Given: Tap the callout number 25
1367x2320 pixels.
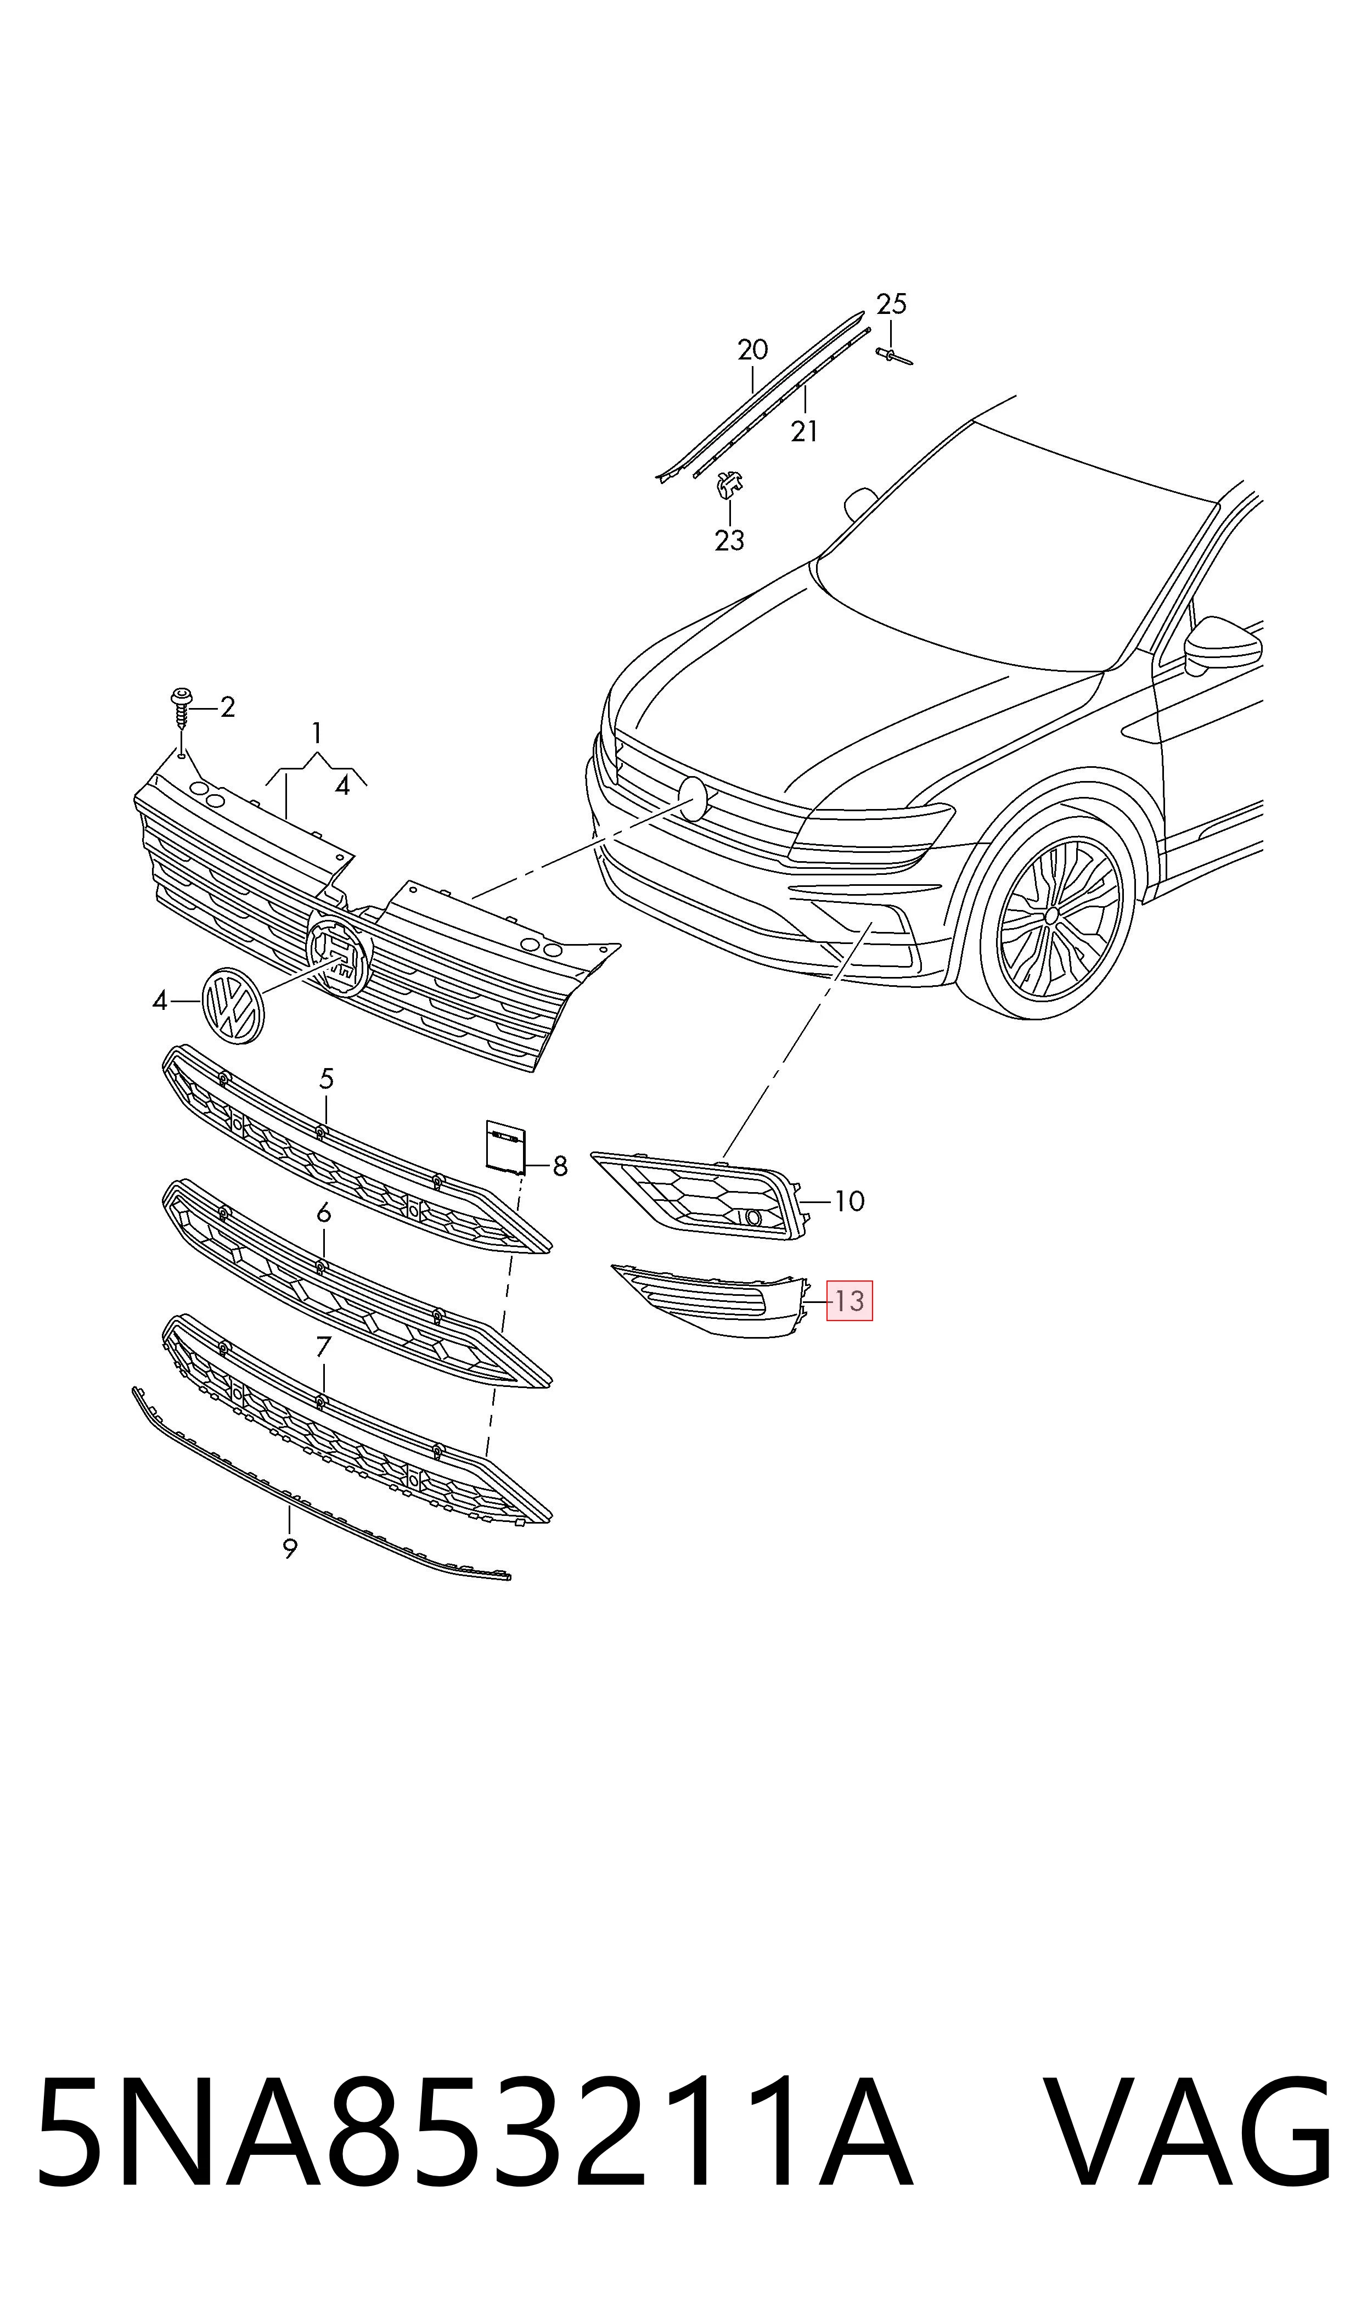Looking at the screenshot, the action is tap(891, 304).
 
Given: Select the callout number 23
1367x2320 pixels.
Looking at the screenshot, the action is tap(729, 540).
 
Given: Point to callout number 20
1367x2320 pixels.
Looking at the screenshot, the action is tap(752, 350).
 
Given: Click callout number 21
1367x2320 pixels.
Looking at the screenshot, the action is tap(804, 430).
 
